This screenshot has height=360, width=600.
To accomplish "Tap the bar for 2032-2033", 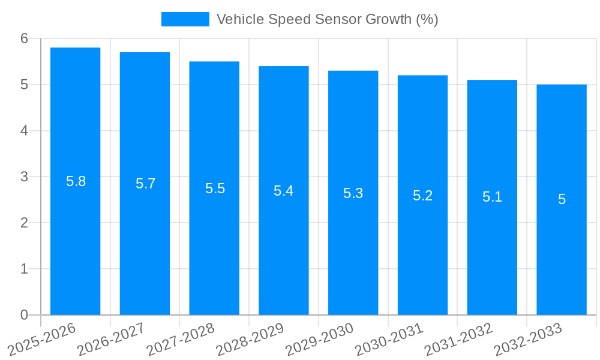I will (562, 199).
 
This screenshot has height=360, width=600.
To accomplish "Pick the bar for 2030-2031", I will (422, 195).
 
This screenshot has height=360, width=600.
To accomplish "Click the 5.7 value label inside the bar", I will (145, 184).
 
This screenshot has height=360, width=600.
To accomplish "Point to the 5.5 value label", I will (215, 188).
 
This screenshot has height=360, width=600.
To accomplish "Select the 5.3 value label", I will (353, 193).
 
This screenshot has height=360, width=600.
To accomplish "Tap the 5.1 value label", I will (492, 197).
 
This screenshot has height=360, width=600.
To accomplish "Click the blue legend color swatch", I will (185, 19).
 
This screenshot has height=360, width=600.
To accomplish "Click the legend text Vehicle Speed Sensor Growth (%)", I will (327, 19).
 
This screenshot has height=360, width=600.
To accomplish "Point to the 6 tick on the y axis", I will (25, 38).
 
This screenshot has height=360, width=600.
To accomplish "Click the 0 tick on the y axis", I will (25, 315).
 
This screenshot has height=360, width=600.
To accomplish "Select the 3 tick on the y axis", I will (25, 177).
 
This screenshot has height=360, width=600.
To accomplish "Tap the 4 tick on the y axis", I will (25, 131).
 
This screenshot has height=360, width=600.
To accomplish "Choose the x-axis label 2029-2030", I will (320, 338).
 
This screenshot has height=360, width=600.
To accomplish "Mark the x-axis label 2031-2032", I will (459, 338).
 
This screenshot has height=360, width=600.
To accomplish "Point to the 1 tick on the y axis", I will (25, 269).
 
